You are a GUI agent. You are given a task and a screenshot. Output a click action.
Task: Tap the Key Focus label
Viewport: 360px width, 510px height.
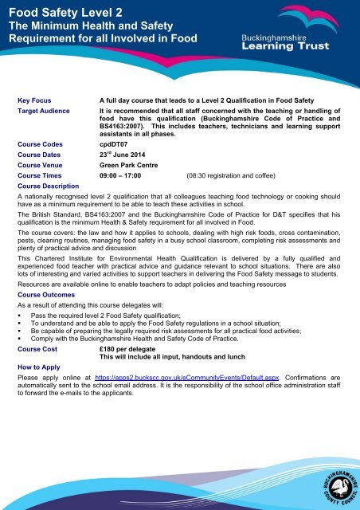[36, 100]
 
